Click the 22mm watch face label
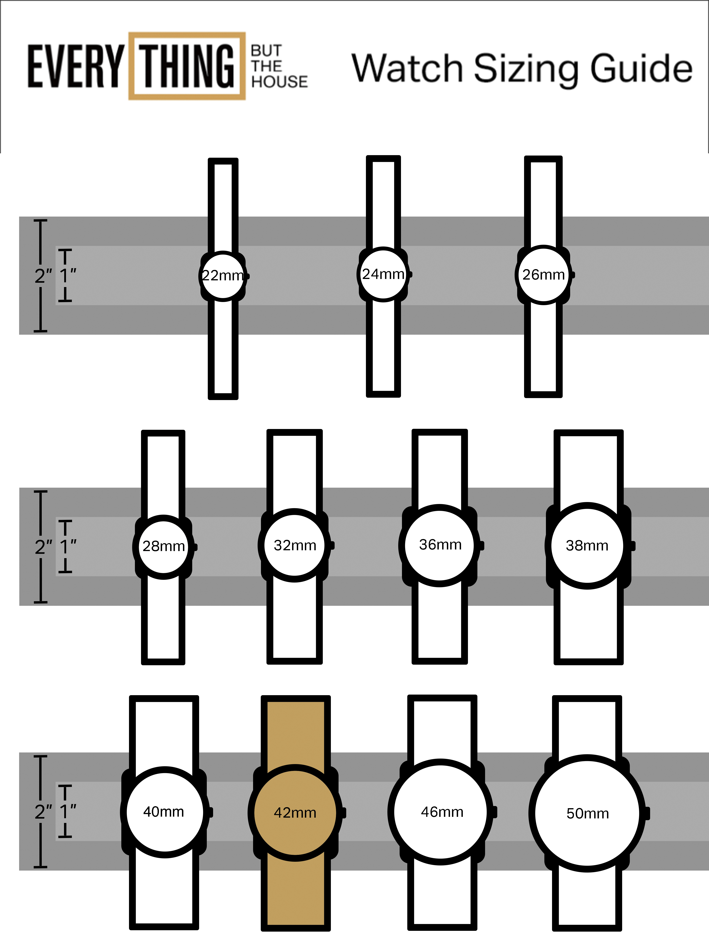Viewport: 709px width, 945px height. (223, 276)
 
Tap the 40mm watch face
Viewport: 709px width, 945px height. (164, 812)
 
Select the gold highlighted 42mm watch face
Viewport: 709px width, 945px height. (295, 813)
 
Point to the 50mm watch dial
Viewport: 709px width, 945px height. (588, 813)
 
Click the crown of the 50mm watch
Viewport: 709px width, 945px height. (647, 813)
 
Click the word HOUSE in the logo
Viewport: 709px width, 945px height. (279, 82)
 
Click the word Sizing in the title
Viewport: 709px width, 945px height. (526, 68)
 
